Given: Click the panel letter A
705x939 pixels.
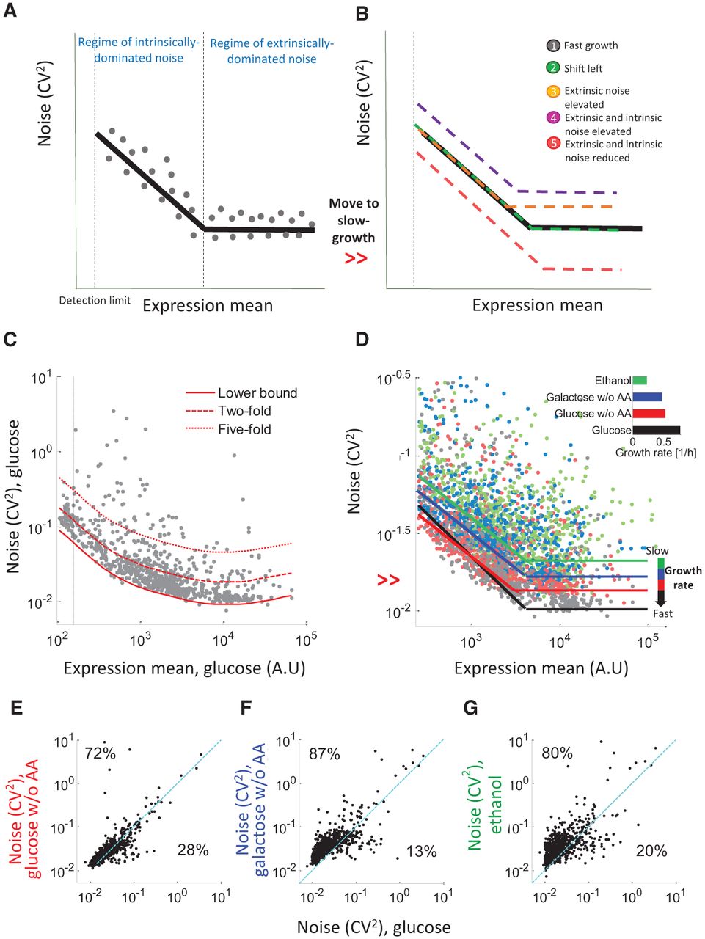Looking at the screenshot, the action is click(x=10, y=11).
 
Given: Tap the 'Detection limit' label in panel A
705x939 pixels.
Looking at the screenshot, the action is click(x=95, y=301).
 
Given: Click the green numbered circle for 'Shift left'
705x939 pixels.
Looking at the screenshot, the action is click(x=553, y=68).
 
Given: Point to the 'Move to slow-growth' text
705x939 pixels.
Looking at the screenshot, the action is click(x=354, y=221).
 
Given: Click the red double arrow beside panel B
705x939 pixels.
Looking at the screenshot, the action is click(x=356, y=258).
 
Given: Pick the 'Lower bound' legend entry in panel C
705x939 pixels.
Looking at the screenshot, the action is click(x=241, y=392).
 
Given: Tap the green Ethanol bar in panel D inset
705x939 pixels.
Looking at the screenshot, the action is click(x=640, y=380).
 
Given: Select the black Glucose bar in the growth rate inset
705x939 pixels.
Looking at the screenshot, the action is click(x=657, y=431).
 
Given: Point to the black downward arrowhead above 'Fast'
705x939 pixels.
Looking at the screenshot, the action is click(x=661, y=602).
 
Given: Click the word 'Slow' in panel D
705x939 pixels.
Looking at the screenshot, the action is click(x=657, y=551).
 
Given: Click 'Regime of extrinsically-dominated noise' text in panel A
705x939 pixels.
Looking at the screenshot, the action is click(x=271, y=51).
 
